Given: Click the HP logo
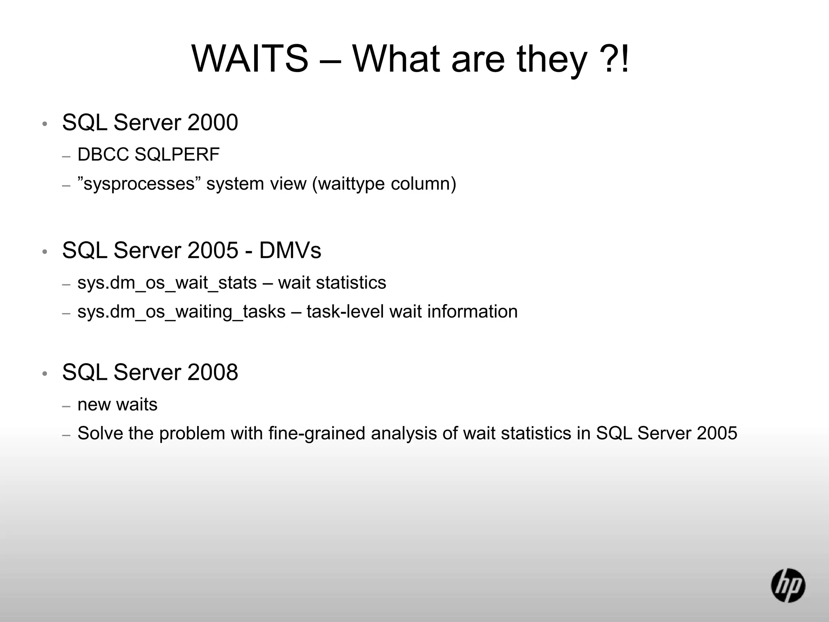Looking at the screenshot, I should coord(788,585).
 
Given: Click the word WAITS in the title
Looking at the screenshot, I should coord(250,59).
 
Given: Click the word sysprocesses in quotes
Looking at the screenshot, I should coord(139,184).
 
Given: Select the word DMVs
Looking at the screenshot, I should coord(290,251).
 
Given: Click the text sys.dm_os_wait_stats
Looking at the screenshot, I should coord(167,283).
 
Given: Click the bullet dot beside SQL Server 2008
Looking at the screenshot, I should coord(45,374).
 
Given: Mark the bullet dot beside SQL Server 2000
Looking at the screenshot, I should coord(45,124).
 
